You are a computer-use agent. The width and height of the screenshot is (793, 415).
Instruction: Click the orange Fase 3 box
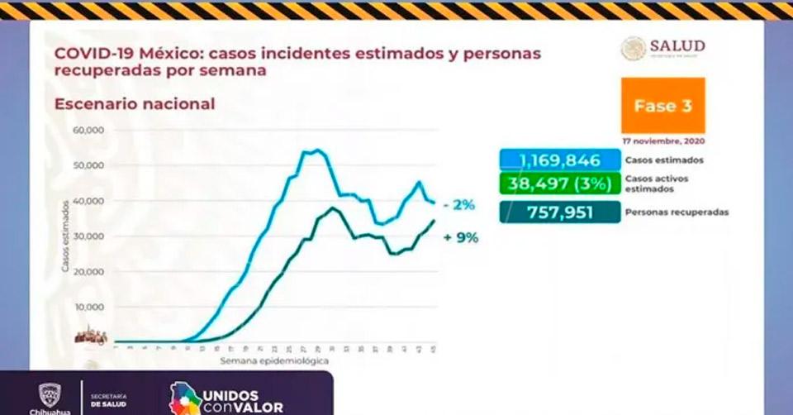point(662,106)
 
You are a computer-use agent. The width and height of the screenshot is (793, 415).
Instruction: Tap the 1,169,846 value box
point(560,160)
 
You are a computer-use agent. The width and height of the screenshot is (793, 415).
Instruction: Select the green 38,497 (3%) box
point(560,184)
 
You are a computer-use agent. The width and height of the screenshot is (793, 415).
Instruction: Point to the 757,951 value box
point(560,212)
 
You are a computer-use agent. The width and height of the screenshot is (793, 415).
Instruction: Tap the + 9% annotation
point(461,237)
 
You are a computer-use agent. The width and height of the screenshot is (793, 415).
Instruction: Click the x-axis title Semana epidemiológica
point(274,361)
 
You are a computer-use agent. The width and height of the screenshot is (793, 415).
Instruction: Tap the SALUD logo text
point(677,46)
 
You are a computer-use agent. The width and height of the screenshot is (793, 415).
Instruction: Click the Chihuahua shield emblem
point(49,394)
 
